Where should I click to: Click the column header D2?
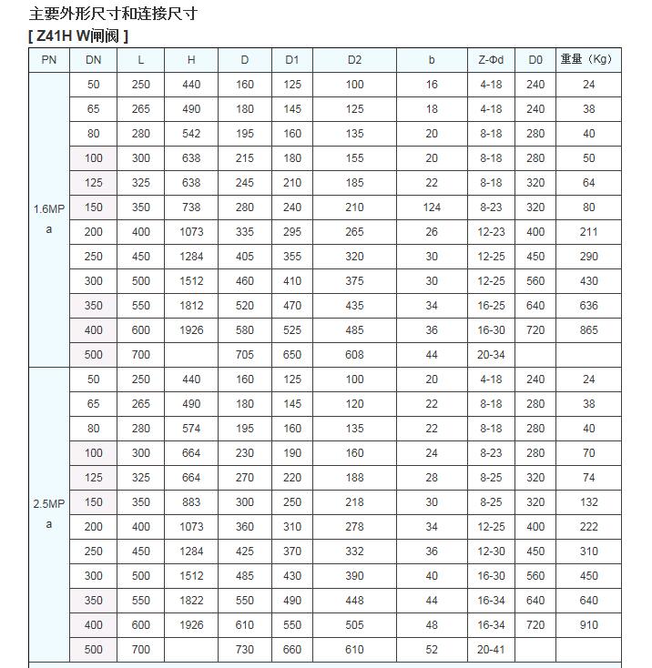pyautogui.click(x=354, y=60)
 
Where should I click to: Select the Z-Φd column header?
pyautogui.click(x=491, y=60)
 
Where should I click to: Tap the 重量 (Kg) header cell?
pyautogui.click(x=586, y=60)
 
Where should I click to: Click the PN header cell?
pyautogui.click(x=49, y=60)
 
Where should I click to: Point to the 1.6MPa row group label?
pyautogui.click(x=49, y=218)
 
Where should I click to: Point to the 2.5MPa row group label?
pyautogui.click(x=49, y=513)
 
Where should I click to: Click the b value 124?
pyautogui.click(x=432, y=207)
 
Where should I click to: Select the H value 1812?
pyautogui.click(x=191, y=306)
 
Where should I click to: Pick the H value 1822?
pyautogui.click(x=191, y=601)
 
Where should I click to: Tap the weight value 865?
pyautogui.click(x=588, y=330)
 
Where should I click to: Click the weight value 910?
pyautogui.click(x=588, y=625)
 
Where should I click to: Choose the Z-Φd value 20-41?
pyautogui.click(x=491, y=650)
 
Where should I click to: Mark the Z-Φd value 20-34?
pyautogui.click(x=491, y=355)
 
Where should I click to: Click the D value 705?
pyautogui.click(x=245, y=355)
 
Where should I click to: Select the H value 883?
pyautogui.click(x=191, y=502)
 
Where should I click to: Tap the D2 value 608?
pyautogui.click(x=354, y=355)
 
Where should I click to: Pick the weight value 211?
pyautogui.click(x=588, y=232)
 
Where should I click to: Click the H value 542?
pyautogui.click(x=191, y=134)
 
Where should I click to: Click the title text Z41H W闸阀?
pyautogui.click(x=78, y=35)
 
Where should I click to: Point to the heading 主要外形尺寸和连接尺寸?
pyautogui.click(x=113, y=14)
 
